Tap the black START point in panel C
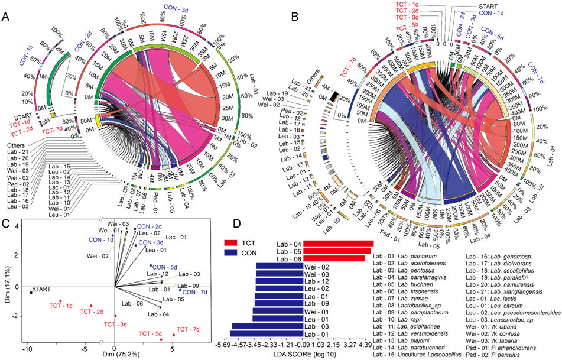(31, 292)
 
